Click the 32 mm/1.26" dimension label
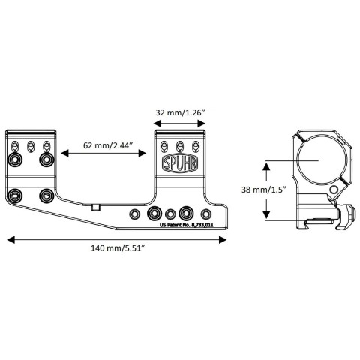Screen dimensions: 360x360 pos(180,112)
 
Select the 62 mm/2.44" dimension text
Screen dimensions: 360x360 pos(107,145)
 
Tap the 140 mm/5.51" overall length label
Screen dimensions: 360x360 pos(118,248)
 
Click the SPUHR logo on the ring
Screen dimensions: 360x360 pos(180,163)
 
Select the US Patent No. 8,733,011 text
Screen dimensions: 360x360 pos(186,225)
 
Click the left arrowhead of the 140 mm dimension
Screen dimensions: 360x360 pos(11,240)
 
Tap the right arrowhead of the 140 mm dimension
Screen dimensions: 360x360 pos(223,240)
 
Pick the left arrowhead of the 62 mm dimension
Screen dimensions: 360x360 pos(64,153)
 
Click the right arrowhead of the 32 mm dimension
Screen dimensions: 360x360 pos(201,123)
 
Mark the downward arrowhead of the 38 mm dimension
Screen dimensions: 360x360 pos(266,214)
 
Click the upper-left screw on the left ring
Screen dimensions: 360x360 pos(15,159)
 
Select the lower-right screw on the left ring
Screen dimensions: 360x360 pos(46,196)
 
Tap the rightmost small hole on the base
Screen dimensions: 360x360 pos(206,214)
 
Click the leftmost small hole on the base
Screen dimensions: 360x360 pos(135,214)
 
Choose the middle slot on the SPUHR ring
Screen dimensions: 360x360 pos(179,146)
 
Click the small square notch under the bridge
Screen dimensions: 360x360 pos(96,208)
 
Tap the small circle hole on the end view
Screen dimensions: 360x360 pos(334,190)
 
